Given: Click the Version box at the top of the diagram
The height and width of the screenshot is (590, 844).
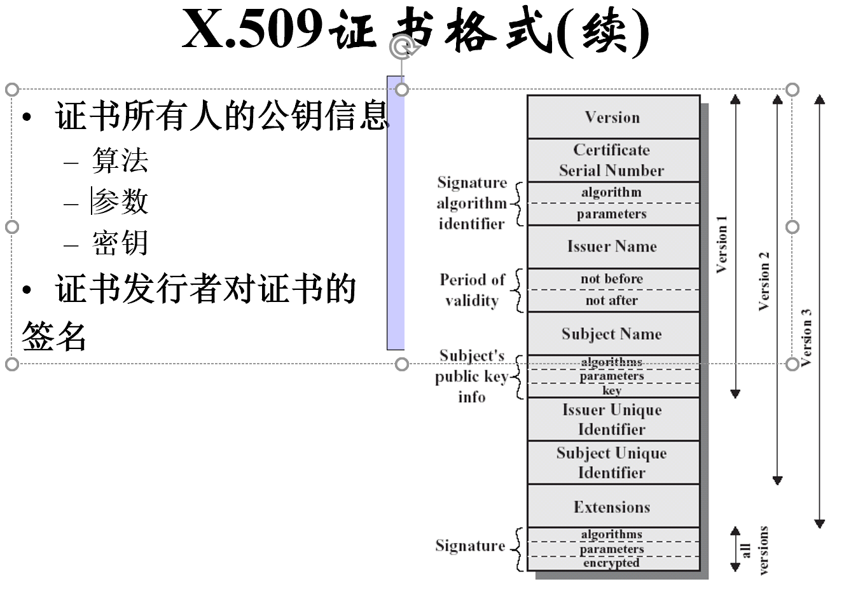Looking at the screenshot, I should click(x=612, y=118).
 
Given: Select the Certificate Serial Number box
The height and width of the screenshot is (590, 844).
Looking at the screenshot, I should click(x=612, y=160).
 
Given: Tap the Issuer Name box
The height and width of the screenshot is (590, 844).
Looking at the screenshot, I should click(x=612, y=247).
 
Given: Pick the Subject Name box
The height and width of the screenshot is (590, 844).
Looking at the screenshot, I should click(x=612, y=334).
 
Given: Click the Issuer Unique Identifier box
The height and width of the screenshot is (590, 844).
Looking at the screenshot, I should click(x=612, y=420).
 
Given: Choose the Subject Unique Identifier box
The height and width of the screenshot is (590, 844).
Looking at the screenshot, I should click(x=612, y=463).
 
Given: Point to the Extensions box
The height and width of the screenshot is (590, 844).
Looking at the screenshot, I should click(x=612, y=507).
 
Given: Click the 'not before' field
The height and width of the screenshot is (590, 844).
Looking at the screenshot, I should click(x=612, y=279).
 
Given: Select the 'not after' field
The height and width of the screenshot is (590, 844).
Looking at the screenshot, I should click(x=612, y=301).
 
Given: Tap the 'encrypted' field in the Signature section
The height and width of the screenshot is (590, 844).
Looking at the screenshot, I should click(x=612, y=563).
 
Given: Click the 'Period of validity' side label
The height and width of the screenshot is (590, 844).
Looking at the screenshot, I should click(x=472, y=290).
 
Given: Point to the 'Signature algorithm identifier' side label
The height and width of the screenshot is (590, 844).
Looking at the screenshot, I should click(x=471, y=203).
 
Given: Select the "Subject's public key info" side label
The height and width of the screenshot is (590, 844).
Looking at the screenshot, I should click(x=471, y=376).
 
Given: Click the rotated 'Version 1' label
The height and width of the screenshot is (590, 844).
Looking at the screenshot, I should click(x=721, y=245).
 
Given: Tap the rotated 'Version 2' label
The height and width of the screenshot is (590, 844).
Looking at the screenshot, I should click(x=764, y=281).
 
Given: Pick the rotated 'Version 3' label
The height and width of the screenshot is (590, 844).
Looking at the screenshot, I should click(x=806, y=338).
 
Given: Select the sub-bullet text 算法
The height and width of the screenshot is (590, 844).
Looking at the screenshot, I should click(x=120, y=161).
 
